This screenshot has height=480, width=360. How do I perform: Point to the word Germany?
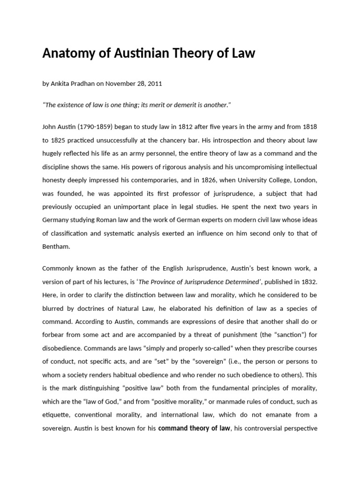[57, 219]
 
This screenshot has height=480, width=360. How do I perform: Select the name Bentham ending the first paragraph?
[56, 245]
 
